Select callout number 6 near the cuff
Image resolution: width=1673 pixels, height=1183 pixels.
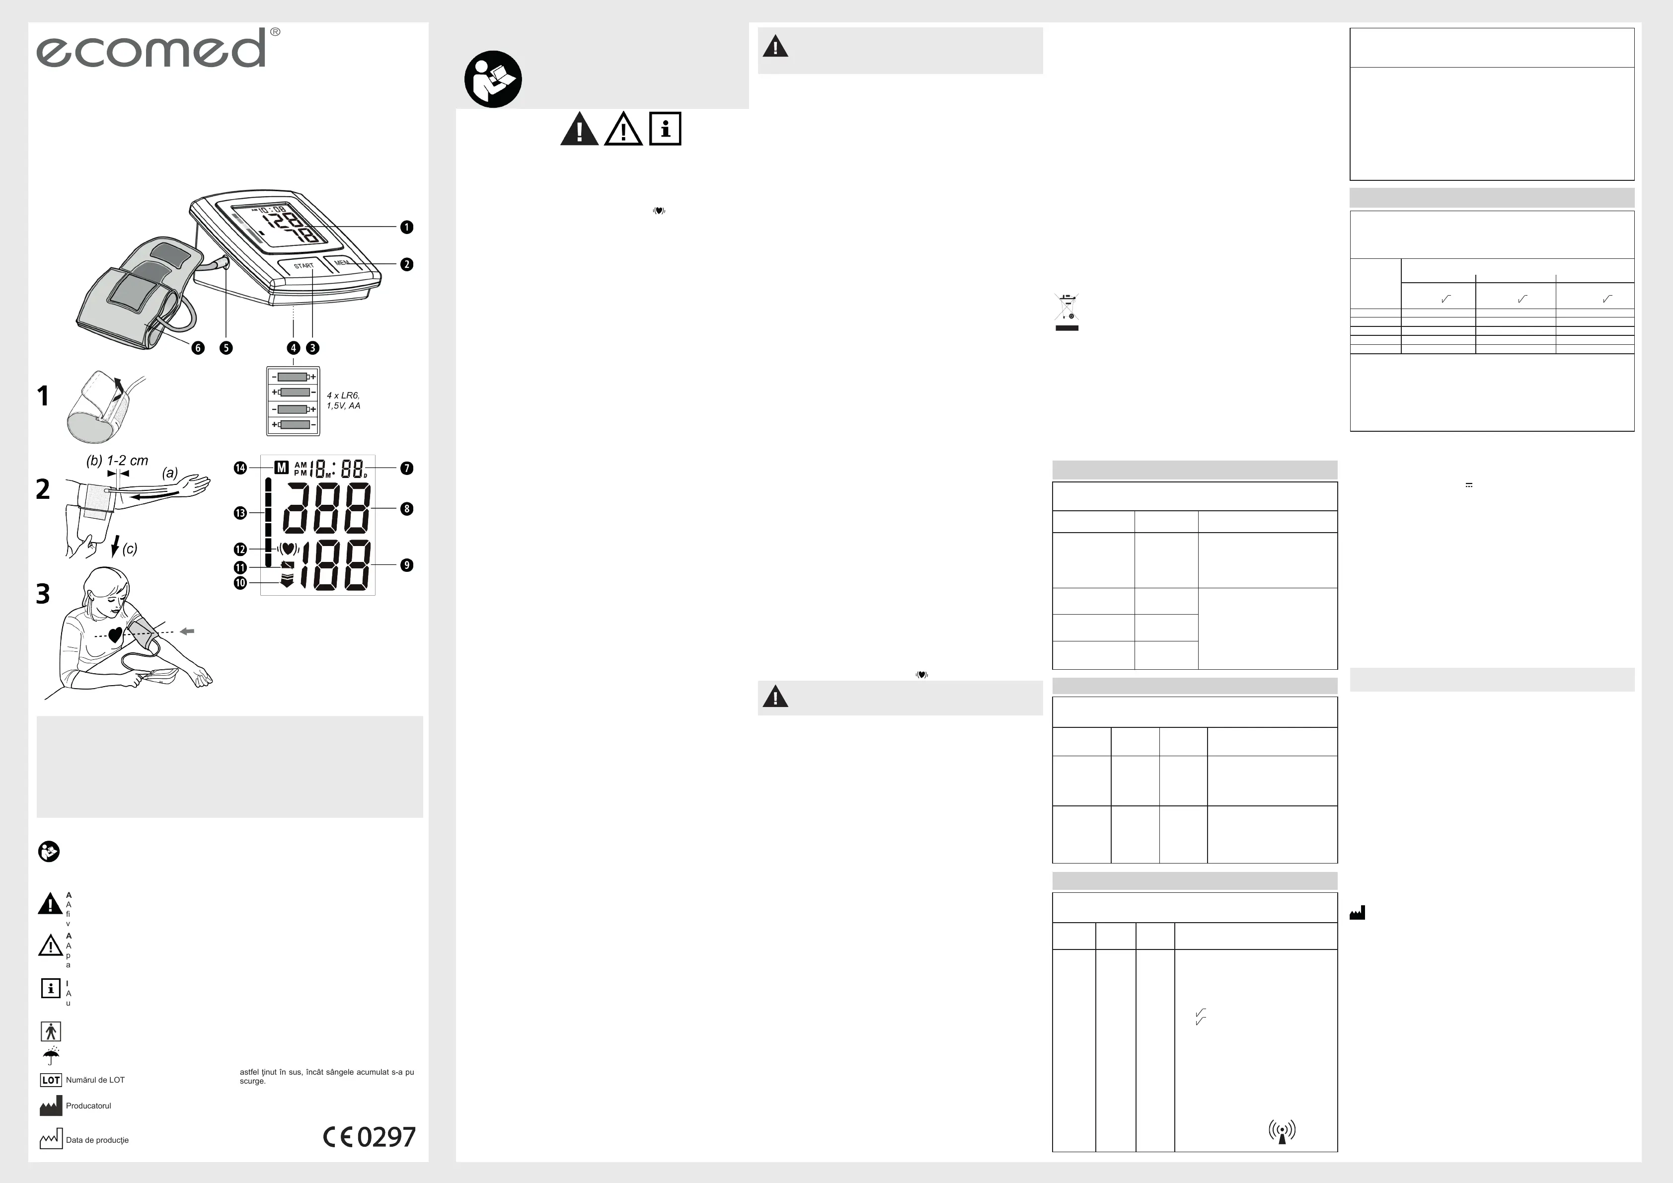(198, 348)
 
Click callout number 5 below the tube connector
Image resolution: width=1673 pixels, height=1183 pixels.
(226, 348)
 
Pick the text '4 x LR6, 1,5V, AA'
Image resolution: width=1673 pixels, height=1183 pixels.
(343, 400)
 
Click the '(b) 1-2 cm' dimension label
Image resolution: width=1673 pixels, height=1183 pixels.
(117, 461)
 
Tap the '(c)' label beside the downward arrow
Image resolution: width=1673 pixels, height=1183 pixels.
(130, 549)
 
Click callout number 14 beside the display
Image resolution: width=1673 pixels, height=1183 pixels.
(240, 468)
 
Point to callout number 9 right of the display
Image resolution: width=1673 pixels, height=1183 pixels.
(407, 565)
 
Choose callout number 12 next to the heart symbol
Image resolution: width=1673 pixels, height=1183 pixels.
(240, 550)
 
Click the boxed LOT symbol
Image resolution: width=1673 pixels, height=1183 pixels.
(50, 1080)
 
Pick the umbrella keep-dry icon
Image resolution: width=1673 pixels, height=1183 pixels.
(51, 1055)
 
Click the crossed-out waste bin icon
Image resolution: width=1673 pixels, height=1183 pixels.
(1067, 311)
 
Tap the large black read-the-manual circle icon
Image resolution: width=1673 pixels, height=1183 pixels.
(493, 79)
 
